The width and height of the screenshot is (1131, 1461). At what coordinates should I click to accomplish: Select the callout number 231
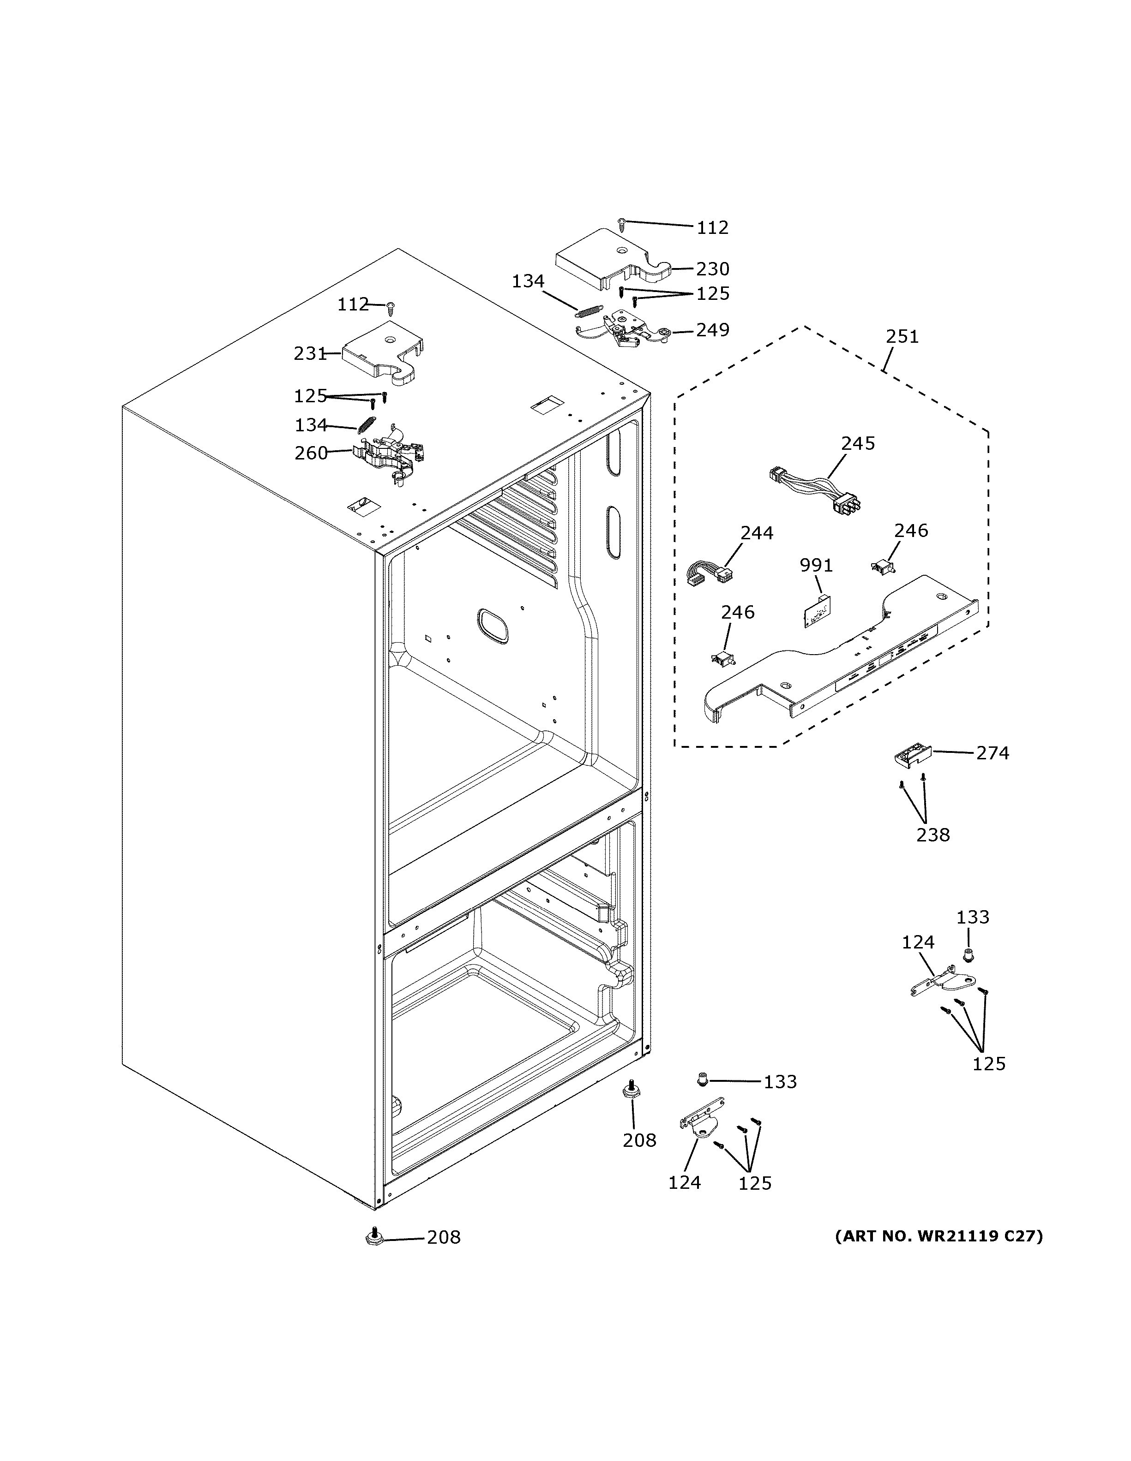pos(310,353)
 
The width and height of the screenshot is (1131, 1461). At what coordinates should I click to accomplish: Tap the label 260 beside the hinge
pos(311,453)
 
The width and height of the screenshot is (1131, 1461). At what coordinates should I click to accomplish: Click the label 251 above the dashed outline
pos(902,336)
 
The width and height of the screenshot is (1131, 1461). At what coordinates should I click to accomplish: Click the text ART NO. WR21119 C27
pos(938,1235)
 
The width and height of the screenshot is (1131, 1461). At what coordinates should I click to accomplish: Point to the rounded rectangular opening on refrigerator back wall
pos(493,626)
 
